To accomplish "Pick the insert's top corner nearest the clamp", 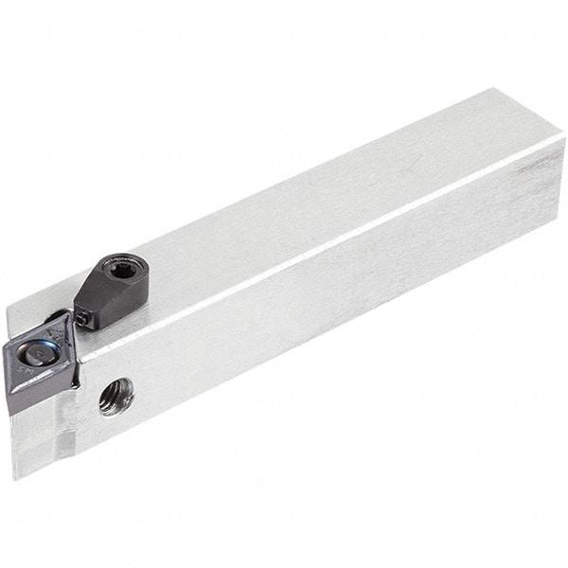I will (x=67, y=315).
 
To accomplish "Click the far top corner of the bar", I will (x=491, y=90).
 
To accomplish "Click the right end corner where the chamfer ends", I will (x=564, y=140).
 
